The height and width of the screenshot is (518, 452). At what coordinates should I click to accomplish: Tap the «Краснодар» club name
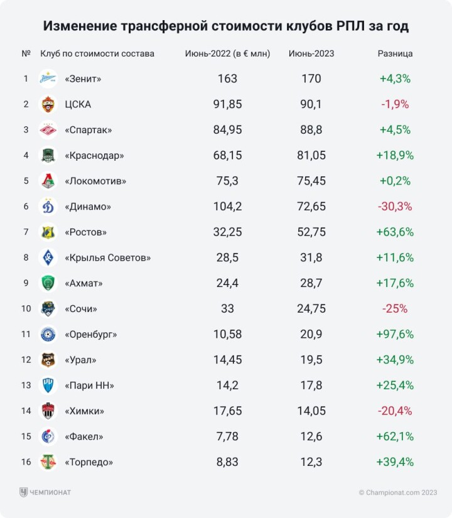[x=94, y=155]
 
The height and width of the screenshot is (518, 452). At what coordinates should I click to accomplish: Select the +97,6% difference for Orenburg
[x=395, y=334]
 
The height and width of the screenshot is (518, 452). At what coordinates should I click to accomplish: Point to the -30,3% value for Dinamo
[x=395, y=206]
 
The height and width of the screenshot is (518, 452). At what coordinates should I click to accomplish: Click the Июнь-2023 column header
[x=311, y=54]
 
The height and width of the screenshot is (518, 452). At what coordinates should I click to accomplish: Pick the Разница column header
[x=395, y=54]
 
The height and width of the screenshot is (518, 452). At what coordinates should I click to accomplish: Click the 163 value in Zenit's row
[x=227, y=78]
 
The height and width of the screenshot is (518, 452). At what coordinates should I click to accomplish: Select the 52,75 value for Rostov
[x=311, y=232]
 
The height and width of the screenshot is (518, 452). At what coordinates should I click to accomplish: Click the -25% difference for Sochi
[x=395, y=308]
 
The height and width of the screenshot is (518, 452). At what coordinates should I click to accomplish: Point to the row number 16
[x=26, y=462]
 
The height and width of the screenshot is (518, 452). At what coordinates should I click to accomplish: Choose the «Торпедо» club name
[x=89, y=462]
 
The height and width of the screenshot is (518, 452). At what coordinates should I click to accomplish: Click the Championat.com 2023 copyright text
[x=398, y=493]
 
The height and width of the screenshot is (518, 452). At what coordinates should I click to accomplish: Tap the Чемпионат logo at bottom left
[x=45, y=493]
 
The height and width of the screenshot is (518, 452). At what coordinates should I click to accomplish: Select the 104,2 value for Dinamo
[x=227, y=206]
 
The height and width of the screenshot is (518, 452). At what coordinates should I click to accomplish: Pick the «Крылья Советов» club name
[x=107, y=257]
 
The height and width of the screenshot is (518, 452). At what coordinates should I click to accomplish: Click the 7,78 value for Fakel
[x=227, y=436]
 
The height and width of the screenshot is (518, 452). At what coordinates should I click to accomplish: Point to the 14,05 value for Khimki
[x=311, y=411]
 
